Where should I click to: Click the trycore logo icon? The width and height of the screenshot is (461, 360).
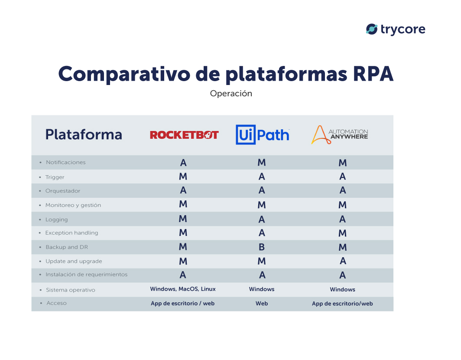pos(371,29)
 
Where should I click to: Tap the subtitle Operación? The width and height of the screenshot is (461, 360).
pos(230,93)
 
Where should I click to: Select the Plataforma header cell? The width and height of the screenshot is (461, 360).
pos(84,134)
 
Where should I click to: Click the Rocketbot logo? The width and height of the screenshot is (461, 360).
pos(184,135)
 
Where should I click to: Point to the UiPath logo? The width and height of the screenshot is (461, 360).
pos(262,135)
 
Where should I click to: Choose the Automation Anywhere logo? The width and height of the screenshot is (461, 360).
pos(340,134)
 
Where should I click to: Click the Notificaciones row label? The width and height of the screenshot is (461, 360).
pos(66,162)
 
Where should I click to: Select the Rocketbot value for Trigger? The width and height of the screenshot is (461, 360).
pos(183,177)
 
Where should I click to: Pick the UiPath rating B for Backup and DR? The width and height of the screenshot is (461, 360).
pos(262,247)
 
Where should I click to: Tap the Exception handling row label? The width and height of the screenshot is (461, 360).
pos(71,233)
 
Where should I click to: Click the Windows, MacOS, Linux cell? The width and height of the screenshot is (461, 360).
pos(183,289)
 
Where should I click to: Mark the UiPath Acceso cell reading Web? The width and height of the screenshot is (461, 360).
pos(262,304)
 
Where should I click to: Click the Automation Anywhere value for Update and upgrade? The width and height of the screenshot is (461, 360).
pos(343,261)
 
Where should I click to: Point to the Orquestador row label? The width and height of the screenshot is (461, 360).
pos(63,191)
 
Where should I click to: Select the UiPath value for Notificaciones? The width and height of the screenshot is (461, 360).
pos(262,163)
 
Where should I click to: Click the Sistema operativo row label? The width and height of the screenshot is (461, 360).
pos(70,290)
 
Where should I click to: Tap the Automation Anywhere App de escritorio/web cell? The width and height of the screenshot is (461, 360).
pos(342,304)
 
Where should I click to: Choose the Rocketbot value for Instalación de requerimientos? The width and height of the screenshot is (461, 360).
pos(183,275)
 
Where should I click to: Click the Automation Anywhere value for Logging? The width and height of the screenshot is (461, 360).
pos(343,219)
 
